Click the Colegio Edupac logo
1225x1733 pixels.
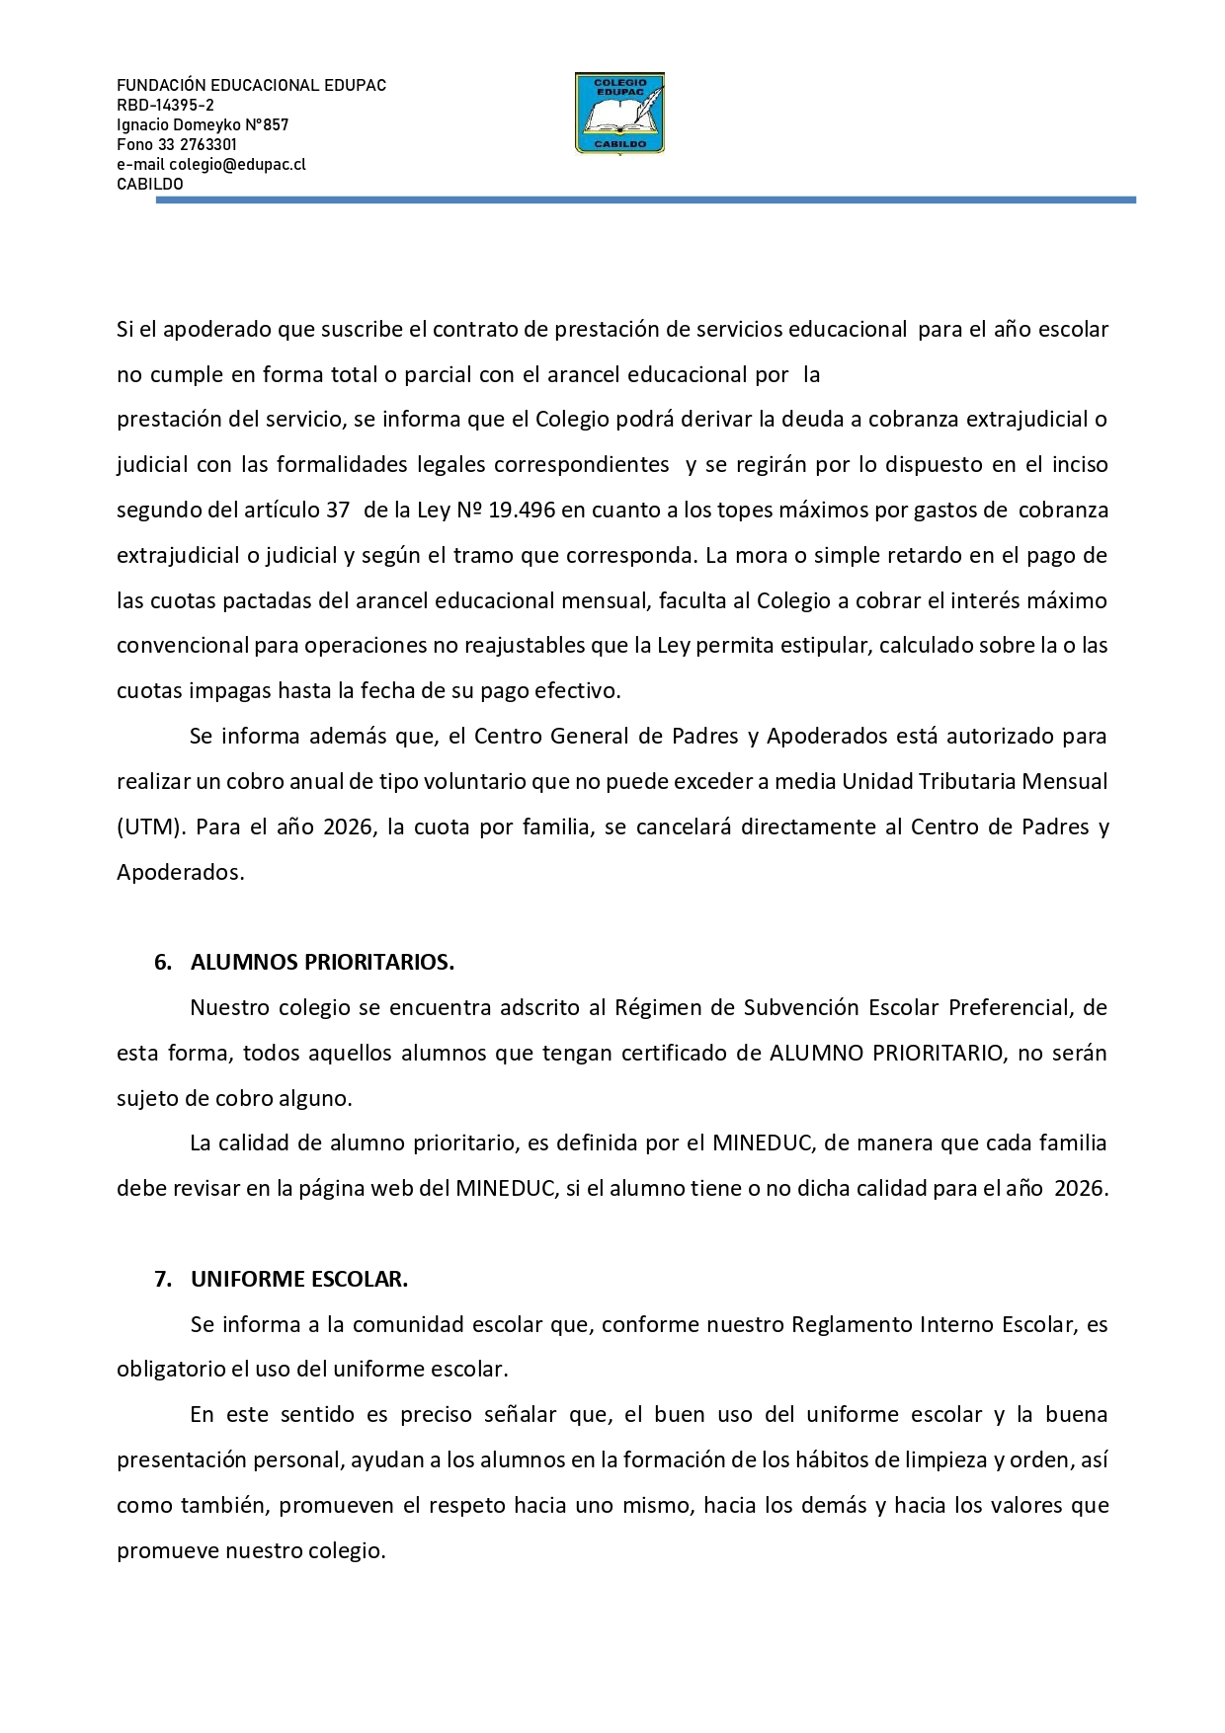click(x=619, y=114)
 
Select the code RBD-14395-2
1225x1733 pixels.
click(x=165, y=106)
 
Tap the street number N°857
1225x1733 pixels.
click(x=267, y=125)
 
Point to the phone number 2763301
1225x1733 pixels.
click(x=208, y=145)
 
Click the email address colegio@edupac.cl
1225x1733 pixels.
click(x=237, y=165)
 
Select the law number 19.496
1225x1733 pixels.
click(x=522, y=511)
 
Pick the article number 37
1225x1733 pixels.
click(x=338, y=511)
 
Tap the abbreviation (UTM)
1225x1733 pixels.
click(x=151, y=827)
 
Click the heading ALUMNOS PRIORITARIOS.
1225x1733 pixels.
click(x=322, y=963)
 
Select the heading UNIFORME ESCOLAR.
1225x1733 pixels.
click(x=299, y=1280)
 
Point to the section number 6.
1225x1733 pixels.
click(x=162, y=963)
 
